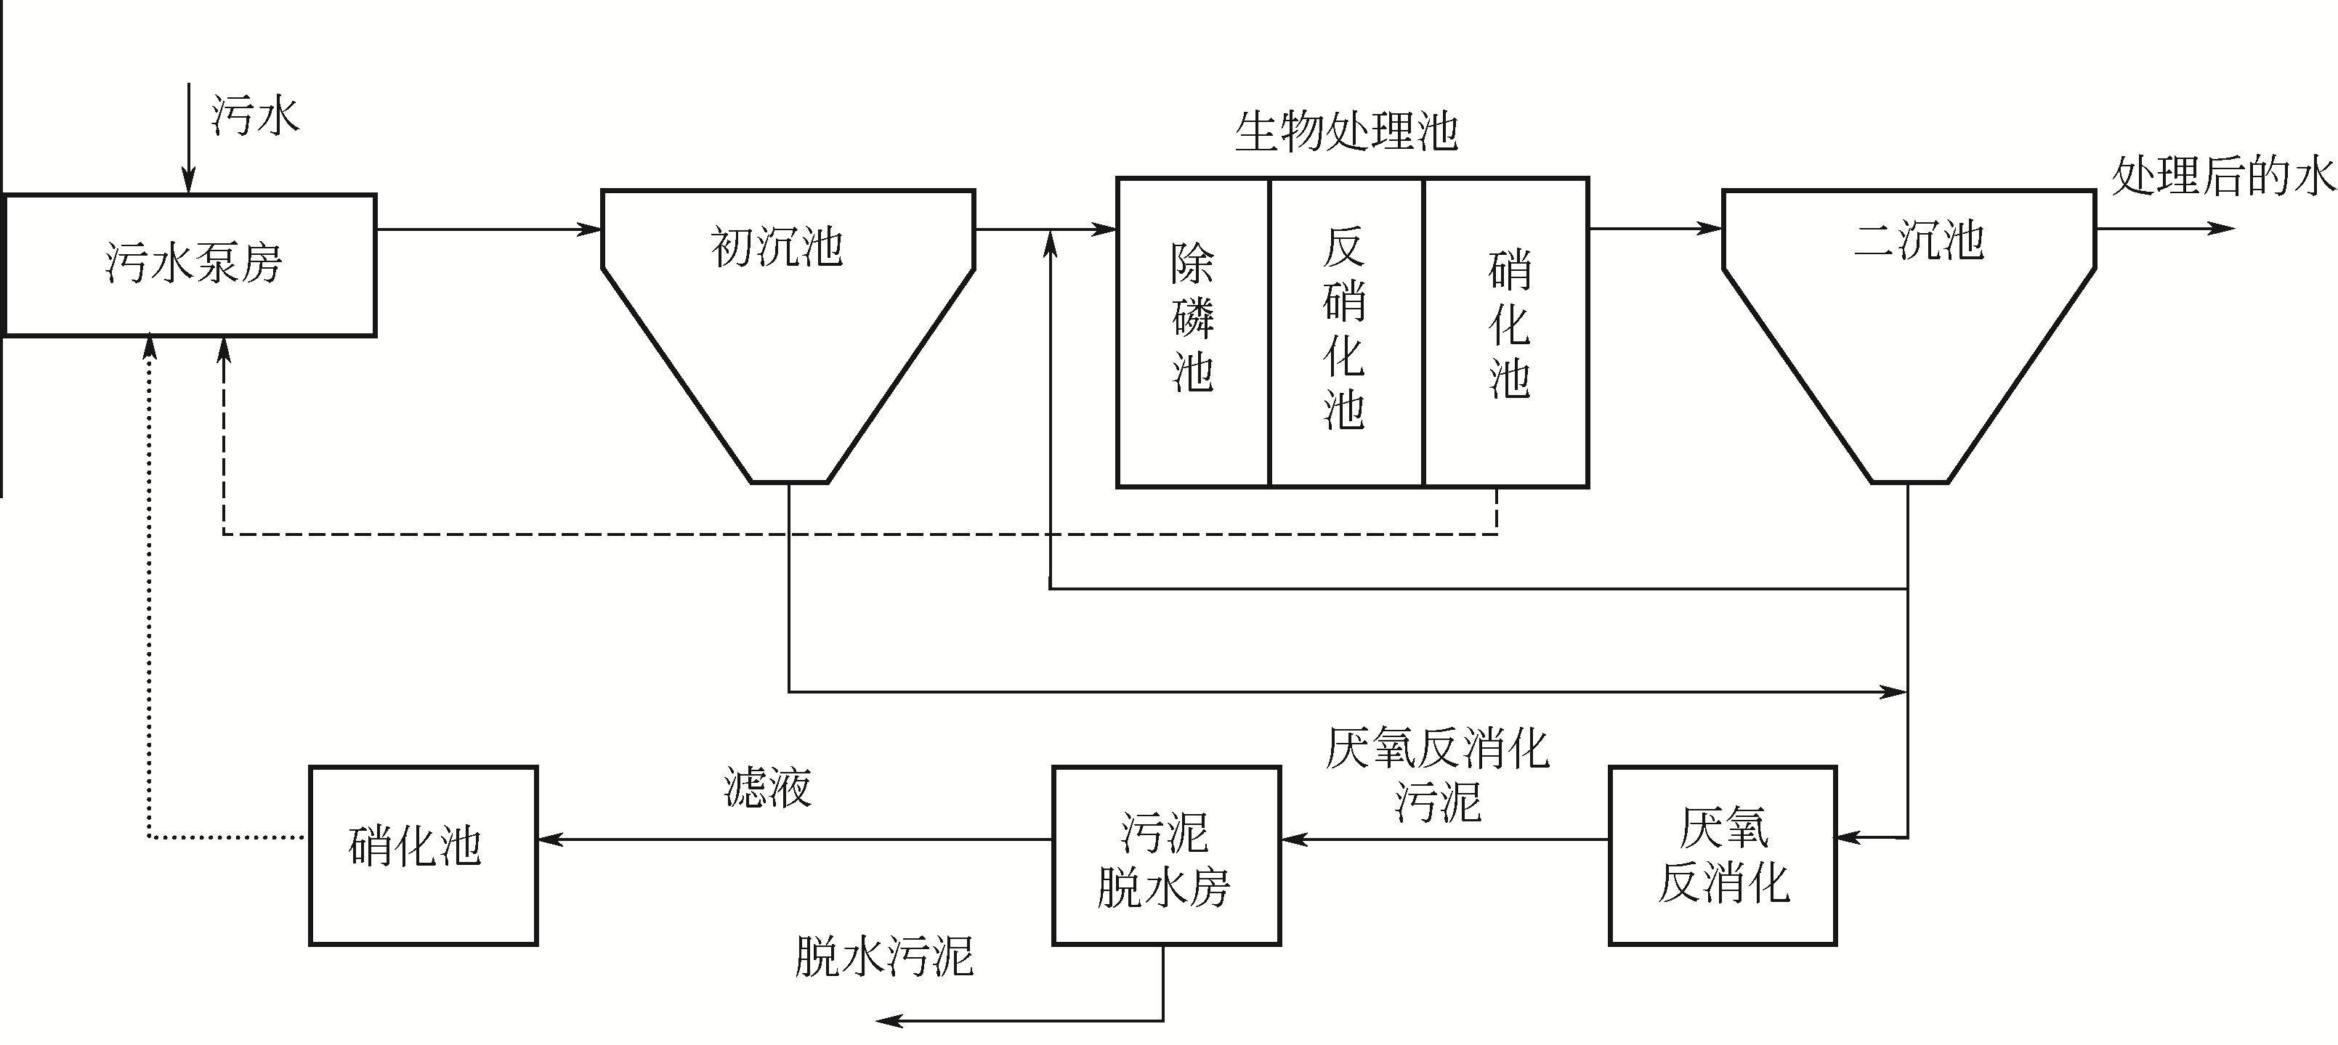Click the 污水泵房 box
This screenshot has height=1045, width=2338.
tap(190, 265)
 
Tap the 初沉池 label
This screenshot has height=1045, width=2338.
tap(777, 247)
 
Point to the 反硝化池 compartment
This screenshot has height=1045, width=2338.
tap(1345, 332)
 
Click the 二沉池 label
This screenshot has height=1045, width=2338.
tap(1919, 240)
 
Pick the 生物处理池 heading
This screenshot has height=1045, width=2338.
tap(1346, 131)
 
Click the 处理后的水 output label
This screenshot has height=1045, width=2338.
tap(2222, 175)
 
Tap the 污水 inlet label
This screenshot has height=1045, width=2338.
tap(255, 116)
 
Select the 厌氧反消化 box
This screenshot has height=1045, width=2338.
tap(1723, 855)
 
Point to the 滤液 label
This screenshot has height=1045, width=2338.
tap(767, 786)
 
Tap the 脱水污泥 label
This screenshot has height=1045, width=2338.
tap(883, 956)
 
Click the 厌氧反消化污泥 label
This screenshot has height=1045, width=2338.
tap(1437, 776)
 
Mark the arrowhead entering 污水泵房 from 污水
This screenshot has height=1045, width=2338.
tap(189, 184)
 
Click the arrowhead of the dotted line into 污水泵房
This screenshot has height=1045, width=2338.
tap(150, 346)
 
